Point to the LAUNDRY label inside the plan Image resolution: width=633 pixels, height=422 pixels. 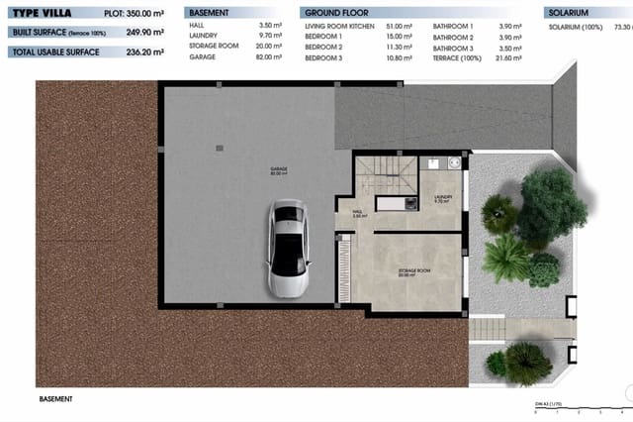[442, 198]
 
